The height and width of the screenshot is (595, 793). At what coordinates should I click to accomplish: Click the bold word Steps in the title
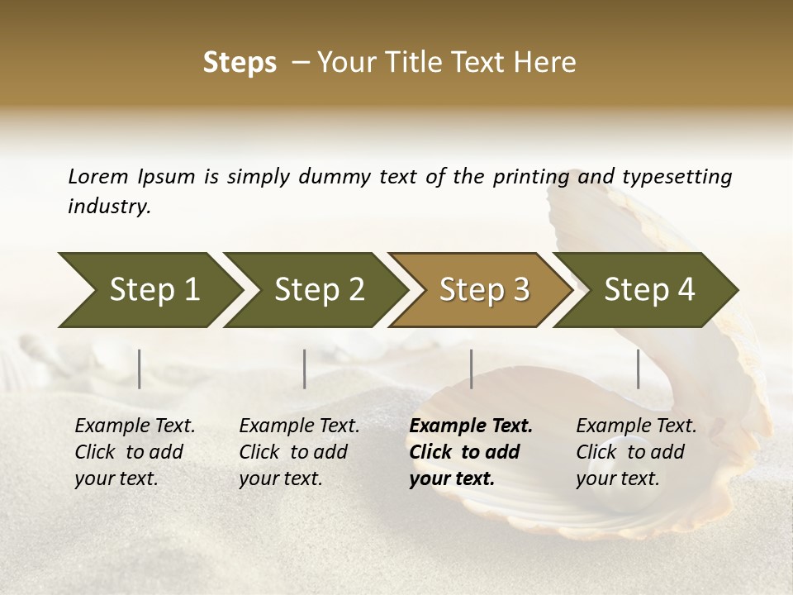pos(240,63)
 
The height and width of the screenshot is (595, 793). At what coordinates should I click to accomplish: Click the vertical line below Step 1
pos(140,369)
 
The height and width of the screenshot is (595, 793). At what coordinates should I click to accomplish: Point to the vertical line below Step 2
pos(305,369)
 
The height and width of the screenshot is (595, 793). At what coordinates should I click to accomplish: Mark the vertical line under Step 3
pos(472,369)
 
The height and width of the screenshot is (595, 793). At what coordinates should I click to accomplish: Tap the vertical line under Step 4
pos(639,369)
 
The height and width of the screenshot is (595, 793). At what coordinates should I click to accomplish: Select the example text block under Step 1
pos(135,452)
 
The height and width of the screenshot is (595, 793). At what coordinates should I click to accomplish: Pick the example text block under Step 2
pos(299,452)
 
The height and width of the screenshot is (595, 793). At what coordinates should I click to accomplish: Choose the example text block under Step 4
pos(636,452)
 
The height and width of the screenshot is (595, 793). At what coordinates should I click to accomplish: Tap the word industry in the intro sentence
pos(109,207)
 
